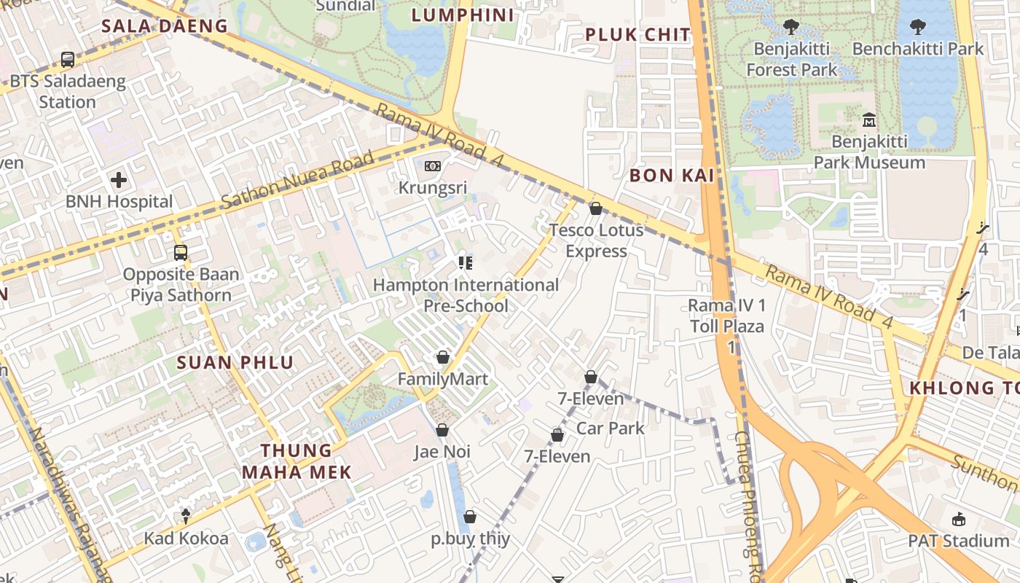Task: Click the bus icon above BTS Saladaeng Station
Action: pyautogui.click(x=68, y=60)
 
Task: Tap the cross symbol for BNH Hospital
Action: pyautogui.click(x=119, y=180)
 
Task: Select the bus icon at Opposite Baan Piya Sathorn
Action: pyautogui.click(x=181, y=253)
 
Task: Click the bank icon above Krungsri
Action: pyautogui.click(x=433, y=166)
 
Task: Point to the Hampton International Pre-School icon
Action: pyautogui.click(x=465, y=263)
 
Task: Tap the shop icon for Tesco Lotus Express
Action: pyautogui.click(x=595, y=208)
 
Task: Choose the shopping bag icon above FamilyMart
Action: pyautogui.click(x=442, y=357)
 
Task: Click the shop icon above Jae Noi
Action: pyautogui.click(x=442, y=430)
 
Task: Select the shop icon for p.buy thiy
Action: pyautogui.click(x=470, y=517)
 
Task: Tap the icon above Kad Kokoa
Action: pyautogui.click(x=186, y=516)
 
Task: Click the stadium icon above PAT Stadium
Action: pyautogui.click(x=958, y=519)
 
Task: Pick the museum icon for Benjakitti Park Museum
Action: pyautogui.click(x=868, y=120)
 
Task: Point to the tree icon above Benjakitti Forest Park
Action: pyautogui.click(x=790, y=28)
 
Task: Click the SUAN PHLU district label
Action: pyautogui.click(x=235, y=362)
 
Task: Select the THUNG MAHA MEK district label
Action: pyautogui.click(x=297, y=461)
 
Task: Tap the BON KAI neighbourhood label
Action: pyautogui.click(x=672, y=175)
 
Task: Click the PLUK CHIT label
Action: pyautogui.click(x=637, y=34)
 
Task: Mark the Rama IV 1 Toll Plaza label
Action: pyautogui.click(x=727, y=315)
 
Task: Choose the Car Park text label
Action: pyautogui.click(x=611, y=428)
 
